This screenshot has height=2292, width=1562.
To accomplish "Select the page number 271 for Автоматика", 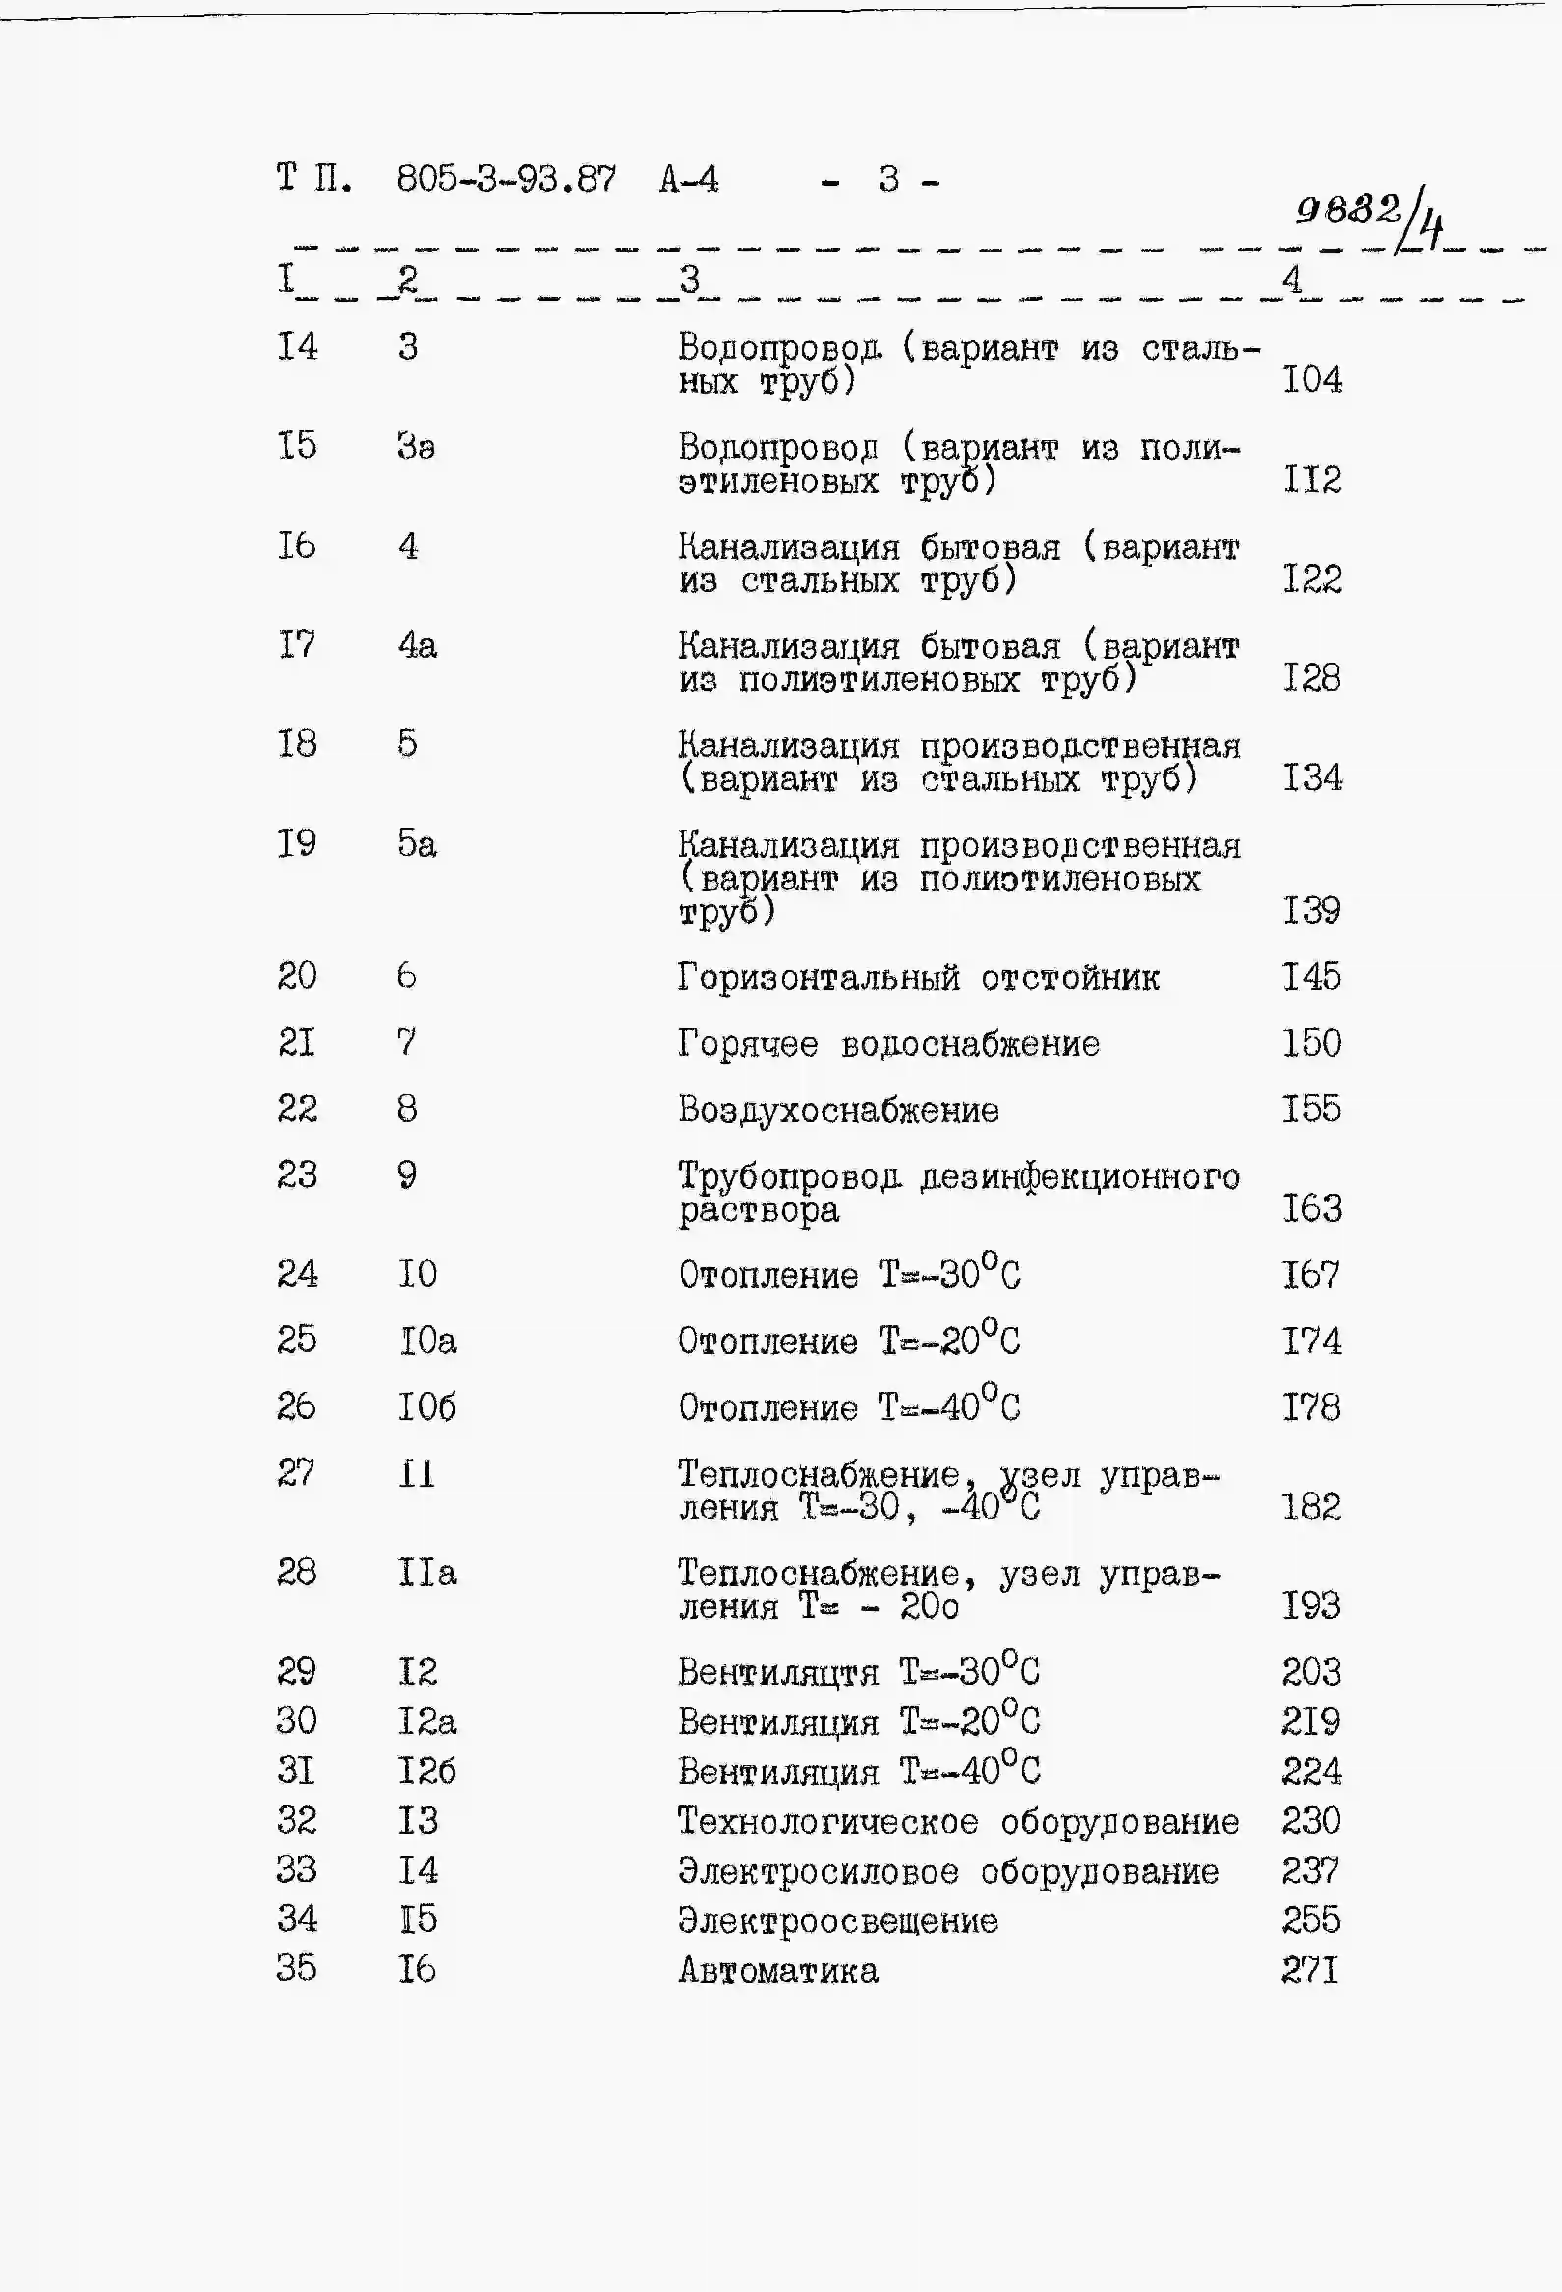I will (x=1309, y=1971).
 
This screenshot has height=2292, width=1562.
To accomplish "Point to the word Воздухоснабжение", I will (x=838, y=1111).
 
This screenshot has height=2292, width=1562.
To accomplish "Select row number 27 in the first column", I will (x=296, y=1472).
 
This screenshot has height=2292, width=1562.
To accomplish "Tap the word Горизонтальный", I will (x=818, y=977).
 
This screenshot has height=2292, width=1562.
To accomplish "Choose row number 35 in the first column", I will (x=296, y=1969).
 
